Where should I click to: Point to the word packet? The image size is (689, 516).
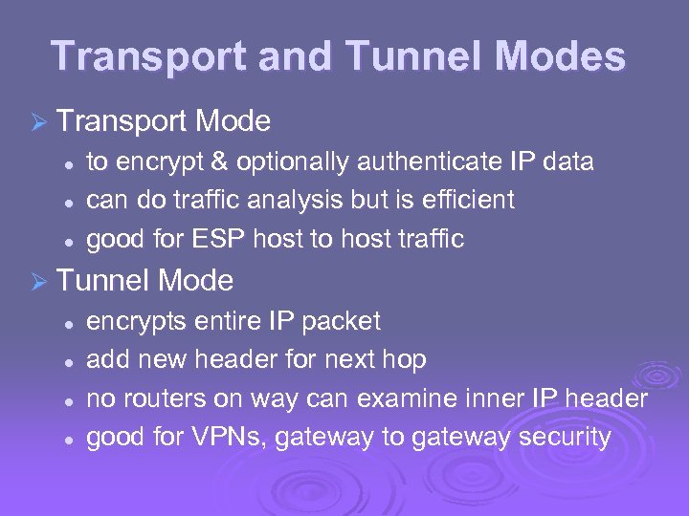click(341, 322)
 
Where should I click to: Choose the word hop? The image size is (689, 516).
click(405, 360)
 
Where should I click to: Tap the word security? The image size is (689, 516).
click(565, 438)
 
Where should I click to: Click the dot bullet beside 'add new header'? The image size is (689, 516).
click(69, 362)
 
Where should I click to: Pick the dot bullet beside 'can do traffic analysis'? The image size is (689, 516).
click(69, 203)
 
